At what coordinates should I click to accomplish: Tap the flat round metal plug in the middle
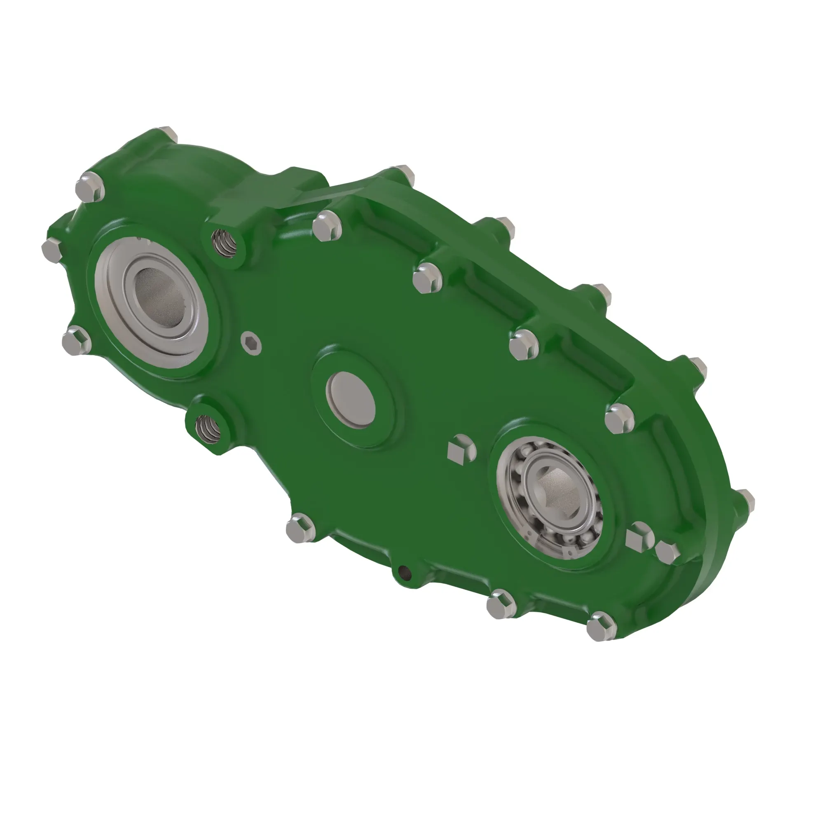click(x=350, y=399)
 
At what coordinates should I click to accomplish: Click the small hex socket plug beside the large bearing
click(x=250, y=342)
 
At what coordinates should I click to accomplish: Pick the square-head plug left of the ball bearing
click(x=461, y=449)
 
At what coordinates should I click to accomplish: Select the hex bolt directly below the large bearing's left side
click(x=76, y=340)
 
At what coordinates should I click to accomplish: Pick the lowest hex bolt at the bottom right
click(x=601, y=626)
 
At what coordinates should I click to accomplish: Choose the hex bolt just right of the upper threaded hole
click(x=327, y=226)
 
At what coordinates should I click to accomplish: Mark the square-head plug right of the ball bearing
click(x=639, y=536)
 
